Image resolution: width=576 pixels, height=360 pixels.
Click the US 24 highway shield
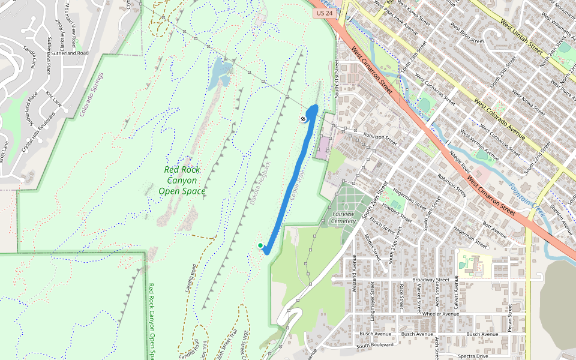point(323,13)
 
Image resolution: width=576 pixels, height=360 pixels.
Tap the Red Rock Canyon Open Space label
point(182,181)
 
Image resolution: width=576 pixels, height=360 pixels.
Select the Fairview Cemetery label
point(343,217)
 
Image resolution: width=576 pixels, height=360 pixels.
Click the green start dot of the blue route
point(260,245)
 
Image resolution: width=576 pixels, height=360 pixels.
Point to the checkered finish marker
point(304,119)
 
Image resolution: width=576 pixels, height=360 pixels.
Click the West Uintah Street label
point(521,37)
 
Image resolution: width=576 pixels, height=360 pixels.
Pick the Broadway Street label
point(431,280)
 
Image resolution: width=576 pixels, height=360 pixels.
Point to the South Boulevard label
point(374,345)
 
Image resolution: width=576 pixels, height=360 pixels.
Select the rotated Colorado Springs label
point(91,94)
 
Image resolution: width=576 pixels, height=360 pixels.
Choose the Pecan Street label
point(509,317)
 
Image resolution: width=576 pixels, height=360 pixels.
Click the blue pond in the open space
point(219,73)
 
